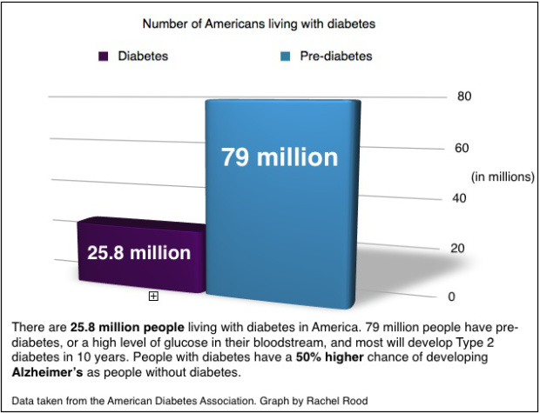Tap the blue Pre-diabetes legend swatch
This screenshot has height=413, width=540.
pyautogui.click(x=285, y=57)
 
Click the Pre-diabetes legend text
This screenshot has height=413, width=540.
pyautogui.click(x=335, y=57)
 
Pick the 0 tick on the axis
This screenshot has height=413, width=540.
pyautogui.click(x=452, y=296)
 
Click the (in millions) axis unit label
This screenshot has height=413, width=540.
pyautogui.click(x=503, y=177)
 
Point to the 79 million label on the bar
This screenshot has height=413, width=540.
pyautogui.click(x=279, y=157)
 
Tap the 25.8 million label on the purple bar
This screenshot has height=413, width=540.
pyautogui.click(x=138, y=253)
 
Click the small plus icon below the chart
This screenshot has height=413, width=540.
pyautogui.click(x=153, y=296)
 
